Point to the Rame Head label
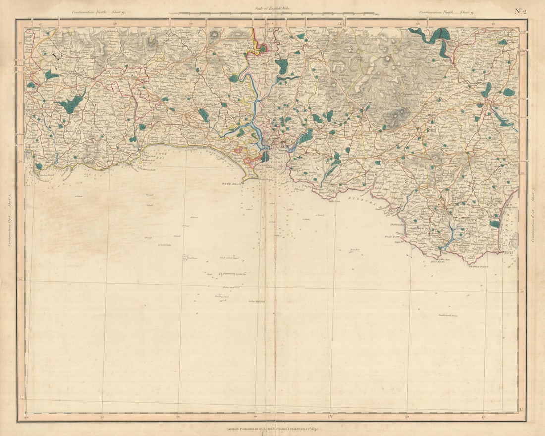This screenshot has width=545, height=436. (x=231, y=184)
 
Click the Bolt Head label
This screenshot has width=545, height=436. (x=437, y=261)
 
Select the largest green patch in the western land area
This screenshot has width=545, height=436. (x=72, y=104)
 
